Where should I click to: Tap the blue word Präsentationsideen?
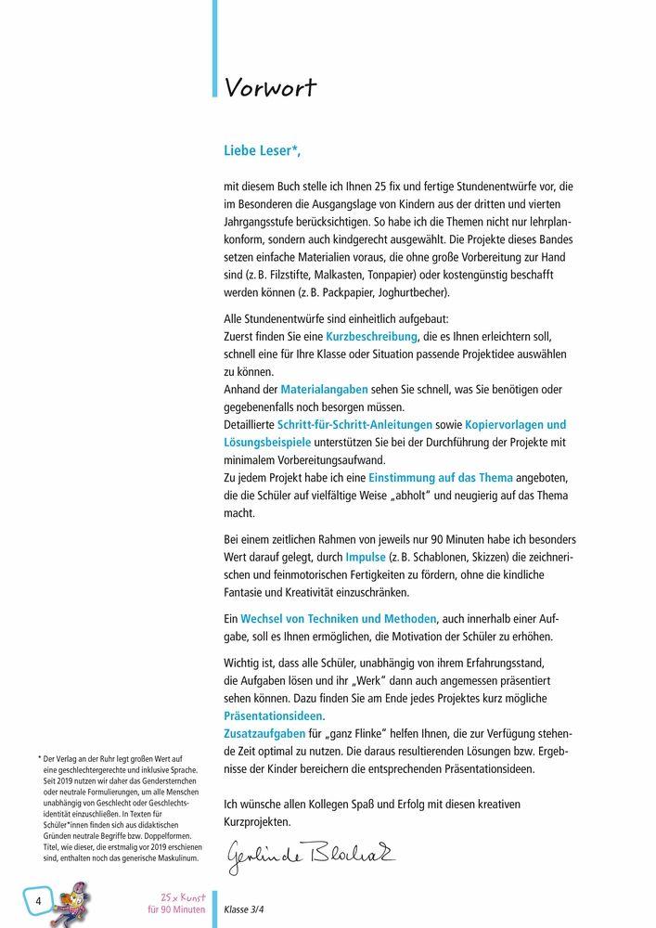pos(273,716)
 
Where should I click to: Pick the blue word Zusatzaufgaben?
pos(265,734)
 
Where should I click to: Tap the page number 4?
pos(39,901)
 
